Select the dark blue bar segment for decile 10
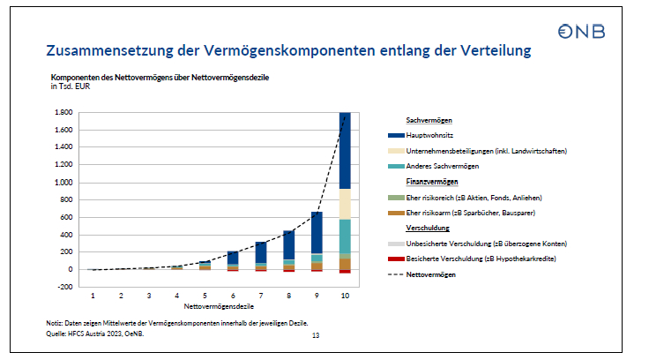pyautogui.click(x=344, y=150)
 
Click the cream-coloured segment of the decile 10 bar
pyautogui.click(x=344, y=203)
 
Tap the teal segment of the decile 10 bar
pyautogui.click(x=344, y=236)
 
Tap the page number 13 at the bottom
pyautogui.click(x=317, y=335)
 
